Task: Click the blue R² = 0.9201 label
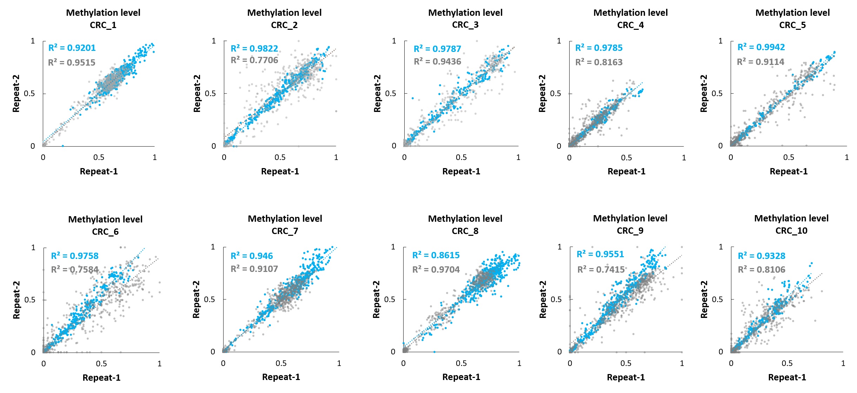tap(72, 48)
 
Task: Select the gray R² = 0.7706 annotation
tap(254, 60)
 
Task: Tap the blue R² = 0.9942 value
tap(761, 47)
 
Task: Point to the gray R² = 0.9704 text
tap(436, 269)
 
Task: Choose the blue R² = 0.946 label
tap(252, 256)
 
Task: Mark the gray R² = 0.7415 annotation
tap(601, 269)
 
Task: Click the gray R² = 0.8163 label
tap(599, 62)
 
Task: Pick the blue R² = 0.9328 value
tap(762, 256)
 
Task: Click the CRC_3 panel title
tap(465, 25)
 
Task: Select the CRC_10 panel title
tap(791, 231)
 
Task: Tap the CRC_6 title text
tap(105, 232)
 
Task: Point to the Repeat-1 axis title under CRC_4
tap(626, 171)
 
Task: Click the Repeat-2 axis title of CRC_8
tap(376, 299)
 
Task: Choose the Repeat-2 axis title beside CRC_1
tap(16, 93)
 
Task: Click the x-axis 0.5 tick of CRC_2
tap(280, 157)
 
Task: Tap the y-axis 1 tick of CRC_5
tap(720, 41)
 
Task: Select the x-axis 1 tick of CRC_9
tap(682, 363)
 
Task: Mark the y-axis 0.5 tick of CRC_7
tap(210, 299)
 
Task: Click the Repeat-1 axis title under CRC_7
tap(281, 377)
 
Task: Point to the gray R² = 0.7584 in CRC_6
tap(75, 269)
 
